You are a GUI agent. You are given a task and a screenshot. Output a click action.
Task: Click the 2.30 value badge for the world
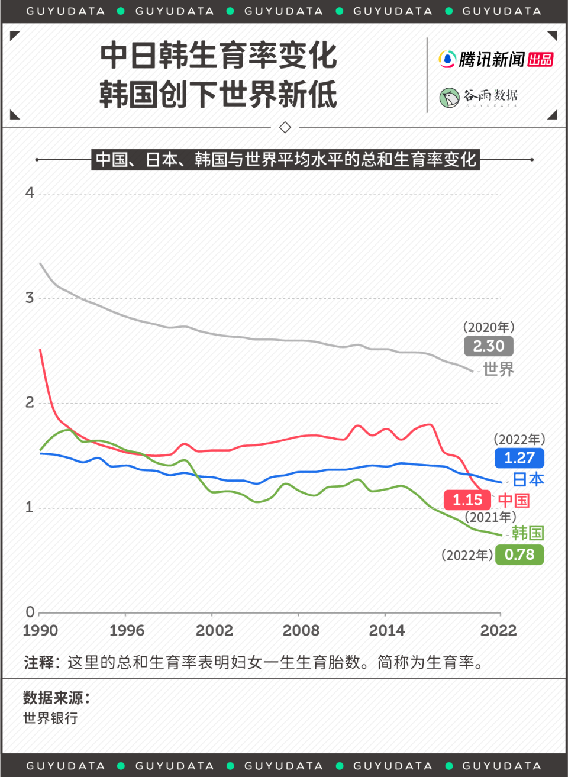pos(489,346)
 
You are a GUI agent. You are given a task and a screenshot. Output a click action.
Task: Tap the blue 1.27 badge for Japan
pos(519,458)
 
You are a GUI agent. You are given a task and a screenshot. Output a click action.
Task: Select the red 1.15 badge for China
pos(467,500)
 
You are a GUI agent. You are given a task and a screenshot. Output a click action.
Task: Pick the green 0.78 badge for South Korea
pos(519,555)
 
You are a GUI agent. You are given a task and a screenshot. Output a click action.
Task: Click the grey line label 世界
pos(499,370)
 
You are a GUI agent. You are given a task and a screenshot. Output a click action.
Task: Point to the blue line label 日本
pos(528,479)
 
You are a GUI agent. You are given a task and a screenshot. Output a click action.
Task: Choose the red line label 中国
pos(514,501)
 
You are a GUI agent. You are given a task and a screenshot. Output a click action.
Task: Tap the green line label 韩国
pos(528,533)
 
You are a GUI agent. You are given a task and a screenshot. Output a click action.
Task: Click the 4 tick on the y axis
pos(30,193)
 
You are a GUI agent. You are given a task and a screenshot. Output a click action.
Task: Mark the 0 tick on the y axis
pos(30,612)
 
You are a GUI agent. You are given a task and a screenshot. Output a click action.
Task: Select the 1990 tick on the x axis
pos(40,631)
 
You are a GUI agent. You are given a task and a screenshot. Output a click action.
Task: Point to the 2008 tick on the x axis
pos(301,631)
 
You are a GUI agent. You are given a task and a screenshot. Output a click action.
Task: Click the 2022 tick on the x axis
pos(498,631)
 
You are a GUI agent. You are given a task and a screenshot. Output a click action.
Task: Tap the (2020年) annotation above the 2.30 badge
pos(489,327)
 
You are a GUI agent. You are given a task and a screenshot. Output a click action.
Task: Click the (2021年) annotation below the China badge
pos(490,517)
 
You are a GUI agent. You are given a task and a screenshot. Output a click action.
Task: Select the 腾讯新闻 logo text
pos(492,59)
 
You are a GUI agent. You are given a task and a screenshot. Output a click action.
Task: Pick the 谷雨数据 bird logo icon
pos(449,97)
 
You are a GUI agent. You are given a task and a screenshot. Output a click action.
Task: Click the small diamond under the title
pos(285,127)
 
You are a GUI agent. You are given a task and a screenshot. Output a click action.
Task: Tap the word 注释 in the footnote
pos(39,662)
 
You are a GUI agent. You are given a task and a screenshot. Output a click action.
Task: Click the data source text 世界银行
pos(50,718)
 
